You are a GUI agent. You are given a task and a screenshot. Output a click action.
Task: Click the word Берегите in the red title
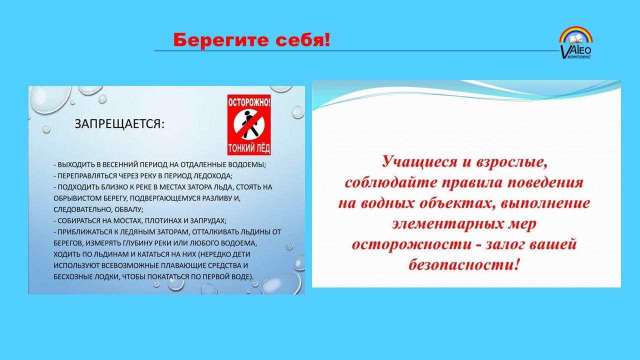pos(221,40)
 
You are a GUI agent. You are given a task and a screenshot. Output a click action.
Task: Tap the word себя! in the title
pos(303,40)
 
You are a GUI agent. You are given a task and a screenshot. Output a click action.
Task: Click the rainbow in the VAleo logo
pos(575,34)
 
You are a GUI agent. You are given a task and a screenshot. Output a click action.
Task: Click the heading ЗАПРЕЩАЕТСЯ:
pos(119,124)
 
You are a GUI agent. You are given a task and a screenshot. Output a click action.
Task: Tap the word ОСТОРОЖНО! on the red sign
pos(249,103)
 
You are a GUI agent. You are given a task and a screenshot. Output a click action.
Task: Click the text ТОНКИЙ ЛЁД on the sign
pos(249,148)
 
